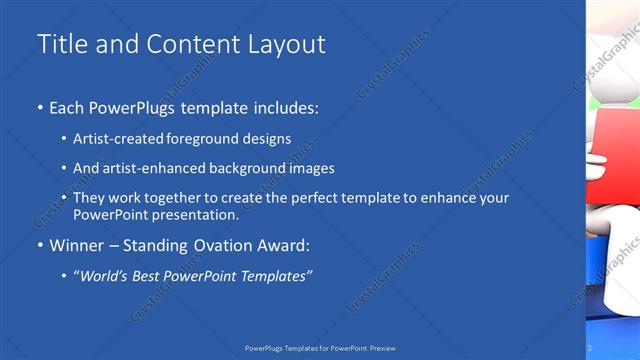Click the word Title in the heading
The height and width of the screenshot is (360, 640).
[x=59, y=44]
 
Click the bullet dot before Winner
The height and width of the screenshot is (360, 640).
[x=40, y=246]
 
